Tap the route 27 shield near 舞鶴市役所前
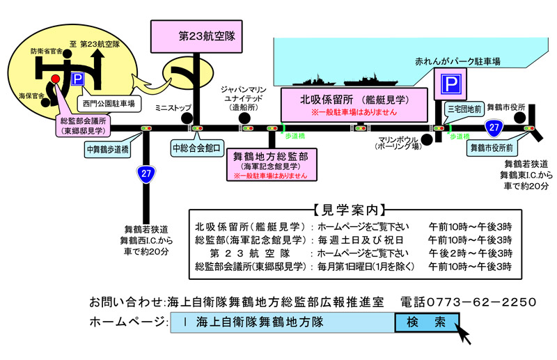[x=494, y=128]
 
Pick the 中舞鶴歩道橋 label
[x=107, y=149]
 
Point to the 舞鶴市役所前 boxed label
[x=492, y=148]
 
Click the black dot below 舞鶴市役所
[x=526, y=119]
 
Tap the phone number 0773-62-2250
[x=468, y=302]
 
